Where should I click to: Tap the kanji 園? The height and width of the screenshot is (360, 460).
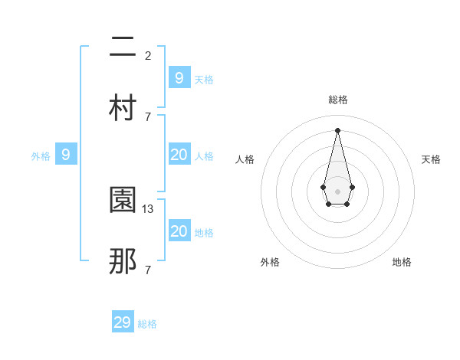coord(123,201)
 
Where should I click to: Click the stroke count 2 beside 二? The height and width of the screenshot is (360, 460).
coord(148,55)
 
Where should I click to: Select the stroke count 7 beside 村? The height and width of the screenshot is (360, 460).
coord(148,116)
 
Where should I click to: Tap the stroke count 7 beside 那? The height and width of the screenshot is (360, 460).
coord(148,270)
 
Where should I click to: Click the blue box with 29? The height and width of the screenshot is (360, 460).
coord(123,322)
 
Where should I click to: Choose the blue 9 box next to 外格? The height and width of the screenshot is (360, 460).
coord(66,155)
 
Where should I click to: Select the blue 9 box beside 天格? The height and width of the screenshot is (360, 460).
coord(179,77)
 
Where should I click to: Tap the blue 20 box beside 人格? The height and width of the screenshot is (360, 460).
coord(179,155)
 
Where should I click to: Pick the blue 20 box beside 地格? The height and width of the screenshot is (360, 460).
coord(179,231)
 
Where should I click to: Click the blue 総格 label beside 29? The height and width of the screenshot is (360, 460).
coord(147,324)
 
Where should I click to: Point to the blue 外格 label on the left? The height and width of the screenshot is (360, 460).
coord(41,156)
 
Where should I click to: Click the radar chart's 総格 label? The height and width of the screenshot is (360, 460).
coord(338,100)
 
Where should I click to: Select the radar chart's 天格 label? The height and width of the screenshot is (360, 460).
coord(431,159)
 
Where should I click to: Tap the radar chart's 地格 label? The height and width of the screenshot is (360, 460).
coord(402,262)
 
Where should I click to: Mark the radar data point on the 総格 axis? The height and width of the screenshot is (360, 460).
coord(338,130)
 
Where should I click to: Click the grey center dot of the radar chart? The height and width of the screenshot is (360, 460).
coord(338,191)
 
